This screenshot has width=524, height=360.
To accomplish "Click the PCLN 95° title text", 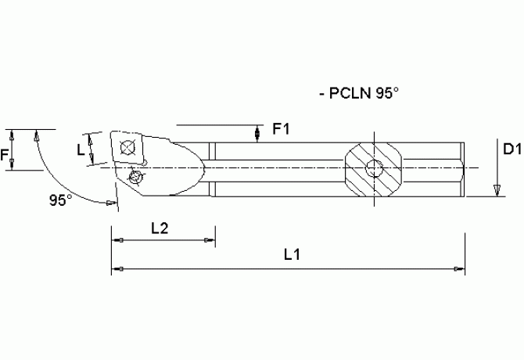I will point(359,93).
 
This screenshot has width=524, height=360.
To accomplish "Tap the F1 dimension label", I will point(281,130).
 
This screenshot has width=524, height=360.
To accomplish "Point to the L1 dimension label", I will point(293,254).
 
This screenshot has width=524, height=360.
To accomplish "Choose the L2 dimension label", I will point(160,227).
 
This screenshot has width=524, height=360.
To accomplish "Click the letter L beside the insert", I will point(81,149).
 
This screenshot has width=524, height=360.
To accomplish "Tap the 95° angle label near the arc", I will point(60,200).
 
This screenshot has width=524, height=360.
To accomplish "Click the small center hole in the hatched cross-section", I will point(375,168).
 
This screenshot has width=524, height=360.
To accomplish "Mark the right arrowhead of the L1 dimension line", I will point(460,269).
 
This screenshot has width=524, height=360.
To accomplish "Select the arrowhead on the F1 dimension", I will point(258,137).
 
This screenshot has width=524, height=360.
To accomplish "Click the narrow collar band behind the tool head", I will point(212,169).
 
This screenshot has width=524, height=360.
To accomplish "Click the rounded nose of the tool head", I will point(199,167).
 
